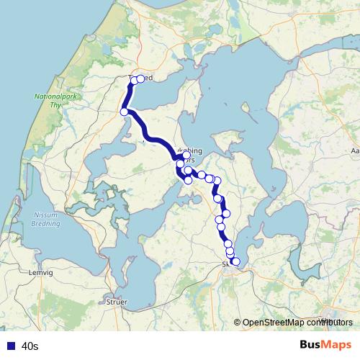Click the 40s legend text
(x=30, y=346)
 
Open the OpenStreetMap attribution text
(x=294, y=323)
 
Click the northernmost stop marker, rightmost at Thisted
(x=140, y=79)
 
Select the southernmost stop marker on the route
(x=235, y=262)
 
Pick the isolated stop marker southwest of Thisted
(x=124, y=112)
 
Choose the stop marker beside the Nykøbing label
(x=186, y=156)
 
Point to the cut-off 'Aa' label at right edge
(x=354, y=151)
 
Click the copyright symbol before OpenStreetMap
(x=238, y=323)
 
